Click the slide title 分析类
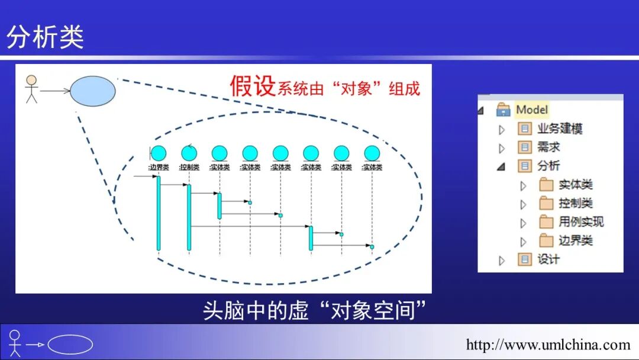(45, 37)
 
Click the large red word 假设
(253, 86)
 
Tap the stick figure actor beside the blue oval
(31, 89)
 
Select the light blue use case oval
(92, 92)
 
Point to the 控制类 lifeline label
(189, 168)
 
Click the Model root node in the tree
(531, 110)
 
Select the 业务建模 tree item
(560, 128)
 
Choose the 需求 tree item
(548, 147)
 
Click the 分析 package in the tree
(548, 166)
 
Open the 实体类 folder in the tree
(575, 185)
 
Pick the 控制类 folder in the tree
(575, 204)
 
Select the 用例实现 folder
(580, 222)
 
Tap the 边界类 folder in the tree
(575, 241)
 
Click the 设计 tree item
(548, 259)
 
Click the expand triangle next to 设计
(502, 260)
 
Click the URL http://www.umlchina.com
(548, 345)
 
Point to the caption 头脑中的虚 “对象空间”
(315, 310)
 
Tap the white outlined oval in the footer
(70, 345)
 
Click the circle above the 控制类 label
(189, 153)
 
